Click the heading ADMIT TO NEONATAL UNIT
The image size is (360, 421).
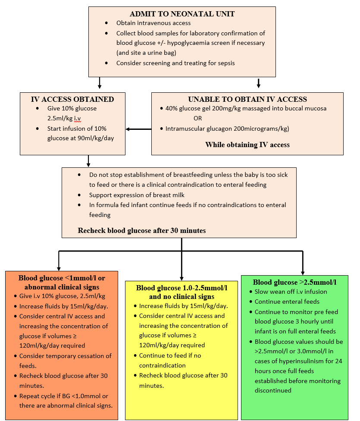pyautogui.click(x=182, y=14)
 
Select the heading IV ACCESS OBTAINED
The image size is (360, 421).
pyautogui.click(x=72, y=99)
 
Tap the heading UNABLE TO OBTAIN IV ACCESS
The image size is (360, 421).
pyautogui.click(x=247, y=99)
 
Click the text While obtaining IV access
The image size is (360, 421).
pyautogui.click(x=247, y=145)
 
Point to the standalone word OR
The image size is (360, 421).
pyautogui.click(x=198, y=118)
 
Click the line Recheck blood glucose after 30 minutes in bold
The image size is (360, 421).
pyautogui.click(x=141, y=230)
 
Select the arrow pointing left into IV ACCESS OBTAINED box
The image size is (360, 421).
pyautogui.click(x=128, y=129)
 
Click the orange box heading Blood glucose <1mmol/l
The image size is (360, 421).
pyautogui.click(x=62, y=278)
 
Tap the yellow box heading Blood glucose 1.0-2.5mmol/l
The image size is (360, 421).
pyautogui.click(x=182, y=287)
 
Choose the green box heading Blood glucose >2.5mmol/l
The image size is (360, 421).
pyautogui.click(x=294, y=282)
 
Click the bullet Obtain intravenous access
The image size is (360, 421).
pyautogui.click(x=153, y=23)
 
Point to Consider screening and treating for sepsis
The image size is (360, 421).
pyautogui.click(x=175, y=63)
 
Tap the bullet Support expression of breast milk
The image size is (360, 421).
pyautogui.click(x=137, y=195)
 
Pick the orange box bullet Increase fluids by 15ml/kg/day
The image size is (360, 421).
pyautogui.click(x=63, y=306)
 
